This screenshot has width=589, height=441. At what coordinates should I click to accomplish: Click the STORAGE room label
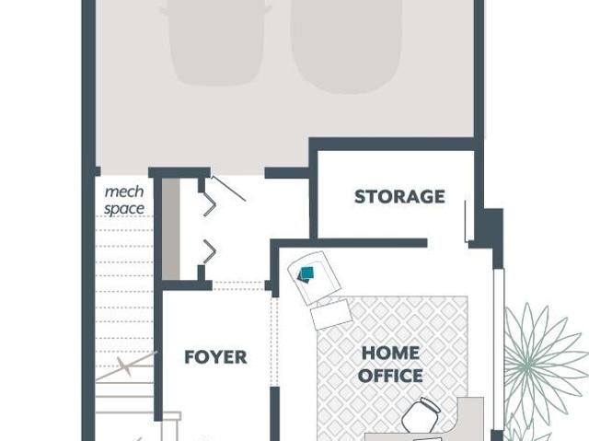pos(399,197)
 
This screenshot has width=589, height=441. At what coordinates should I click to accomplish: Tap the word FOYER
pos(215,357)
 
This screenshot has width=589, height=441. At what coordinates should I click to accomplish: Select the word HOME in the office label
pos(390,354)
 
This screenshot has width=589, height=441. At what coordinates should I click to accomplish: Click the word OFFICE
pos(390,376)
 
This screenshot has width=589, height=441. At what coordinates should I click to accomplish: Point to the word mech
pos(124,191)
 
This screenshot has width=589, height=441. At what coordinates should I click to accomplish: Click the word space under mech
pos(124,209)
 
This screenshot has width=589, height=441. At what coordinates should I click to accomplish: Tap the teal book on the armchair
pos(306,274)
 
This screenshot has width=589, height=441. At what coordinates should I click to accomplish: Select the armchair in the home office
pos(314,277)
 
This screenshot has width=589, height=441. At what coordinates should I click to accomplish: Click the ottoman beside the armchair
pos(331,315)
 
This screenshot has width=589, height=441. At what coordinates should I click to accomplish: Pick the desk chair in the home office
pos(421,415)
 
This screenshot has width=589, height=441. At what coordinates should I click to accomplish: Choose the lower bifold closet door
pos(209,251)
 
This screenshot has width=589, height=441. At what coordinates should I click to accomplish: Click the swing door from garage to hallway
pos(228,189)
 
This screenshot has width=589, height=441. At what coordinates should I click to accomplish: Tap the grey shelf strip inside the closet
pos(171,228)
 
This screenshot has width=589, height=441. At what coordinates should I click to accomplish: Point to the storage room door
pos(467,221)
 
